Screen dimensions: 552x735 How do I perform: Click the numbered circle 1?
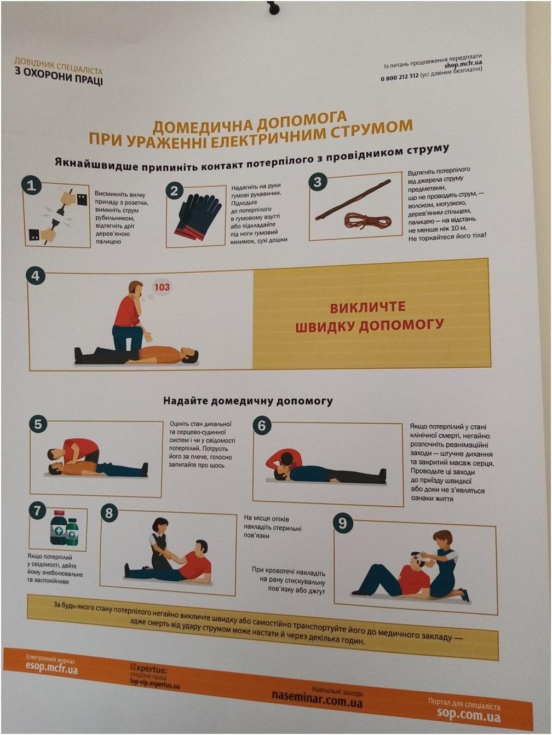tap(31, 185)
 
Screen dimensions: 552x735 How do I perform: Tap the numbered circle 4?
tap(36, 276)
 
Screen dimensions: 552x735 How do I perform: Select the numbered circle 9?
tap(342, 523)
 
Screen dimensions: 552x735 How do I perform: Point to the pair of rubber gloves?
tap(197, 216)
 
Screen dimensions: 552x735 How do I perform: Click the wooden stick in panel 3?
tap(353, 200)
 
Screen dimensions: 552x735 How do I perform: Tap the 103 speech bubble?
tap(162, 287)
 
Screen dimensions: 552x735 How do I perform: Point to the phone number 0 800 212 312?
tap(399, 77)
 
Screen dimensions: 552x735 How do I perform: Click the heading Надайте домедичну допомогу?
tap(248, 401)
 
